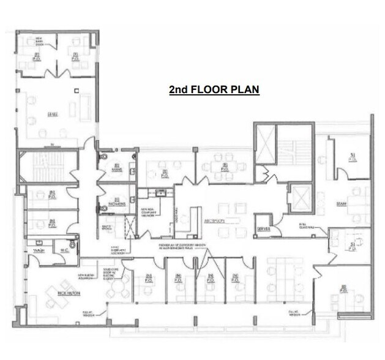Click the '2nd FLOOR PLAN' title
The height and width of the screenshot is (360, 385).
pos(214,90)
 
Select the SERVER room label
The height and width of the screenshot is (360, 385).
pos(264,228)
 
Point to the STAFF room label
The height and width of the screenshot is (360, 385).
pos(342,203)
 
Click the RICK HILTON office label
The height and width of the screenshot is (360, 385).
pos(66,294)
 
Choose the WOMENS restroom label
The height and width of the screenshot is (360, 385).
pos(118,203)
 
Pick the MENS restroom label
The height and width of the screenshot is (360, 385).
pos(118,170)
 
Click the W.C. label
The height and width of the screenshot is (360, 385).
pos(64,250)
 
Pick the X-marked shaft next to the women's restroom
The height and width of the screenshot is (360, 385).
pos(129,227)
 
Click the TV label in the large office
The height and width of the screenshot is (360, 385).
pos(52,144)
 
